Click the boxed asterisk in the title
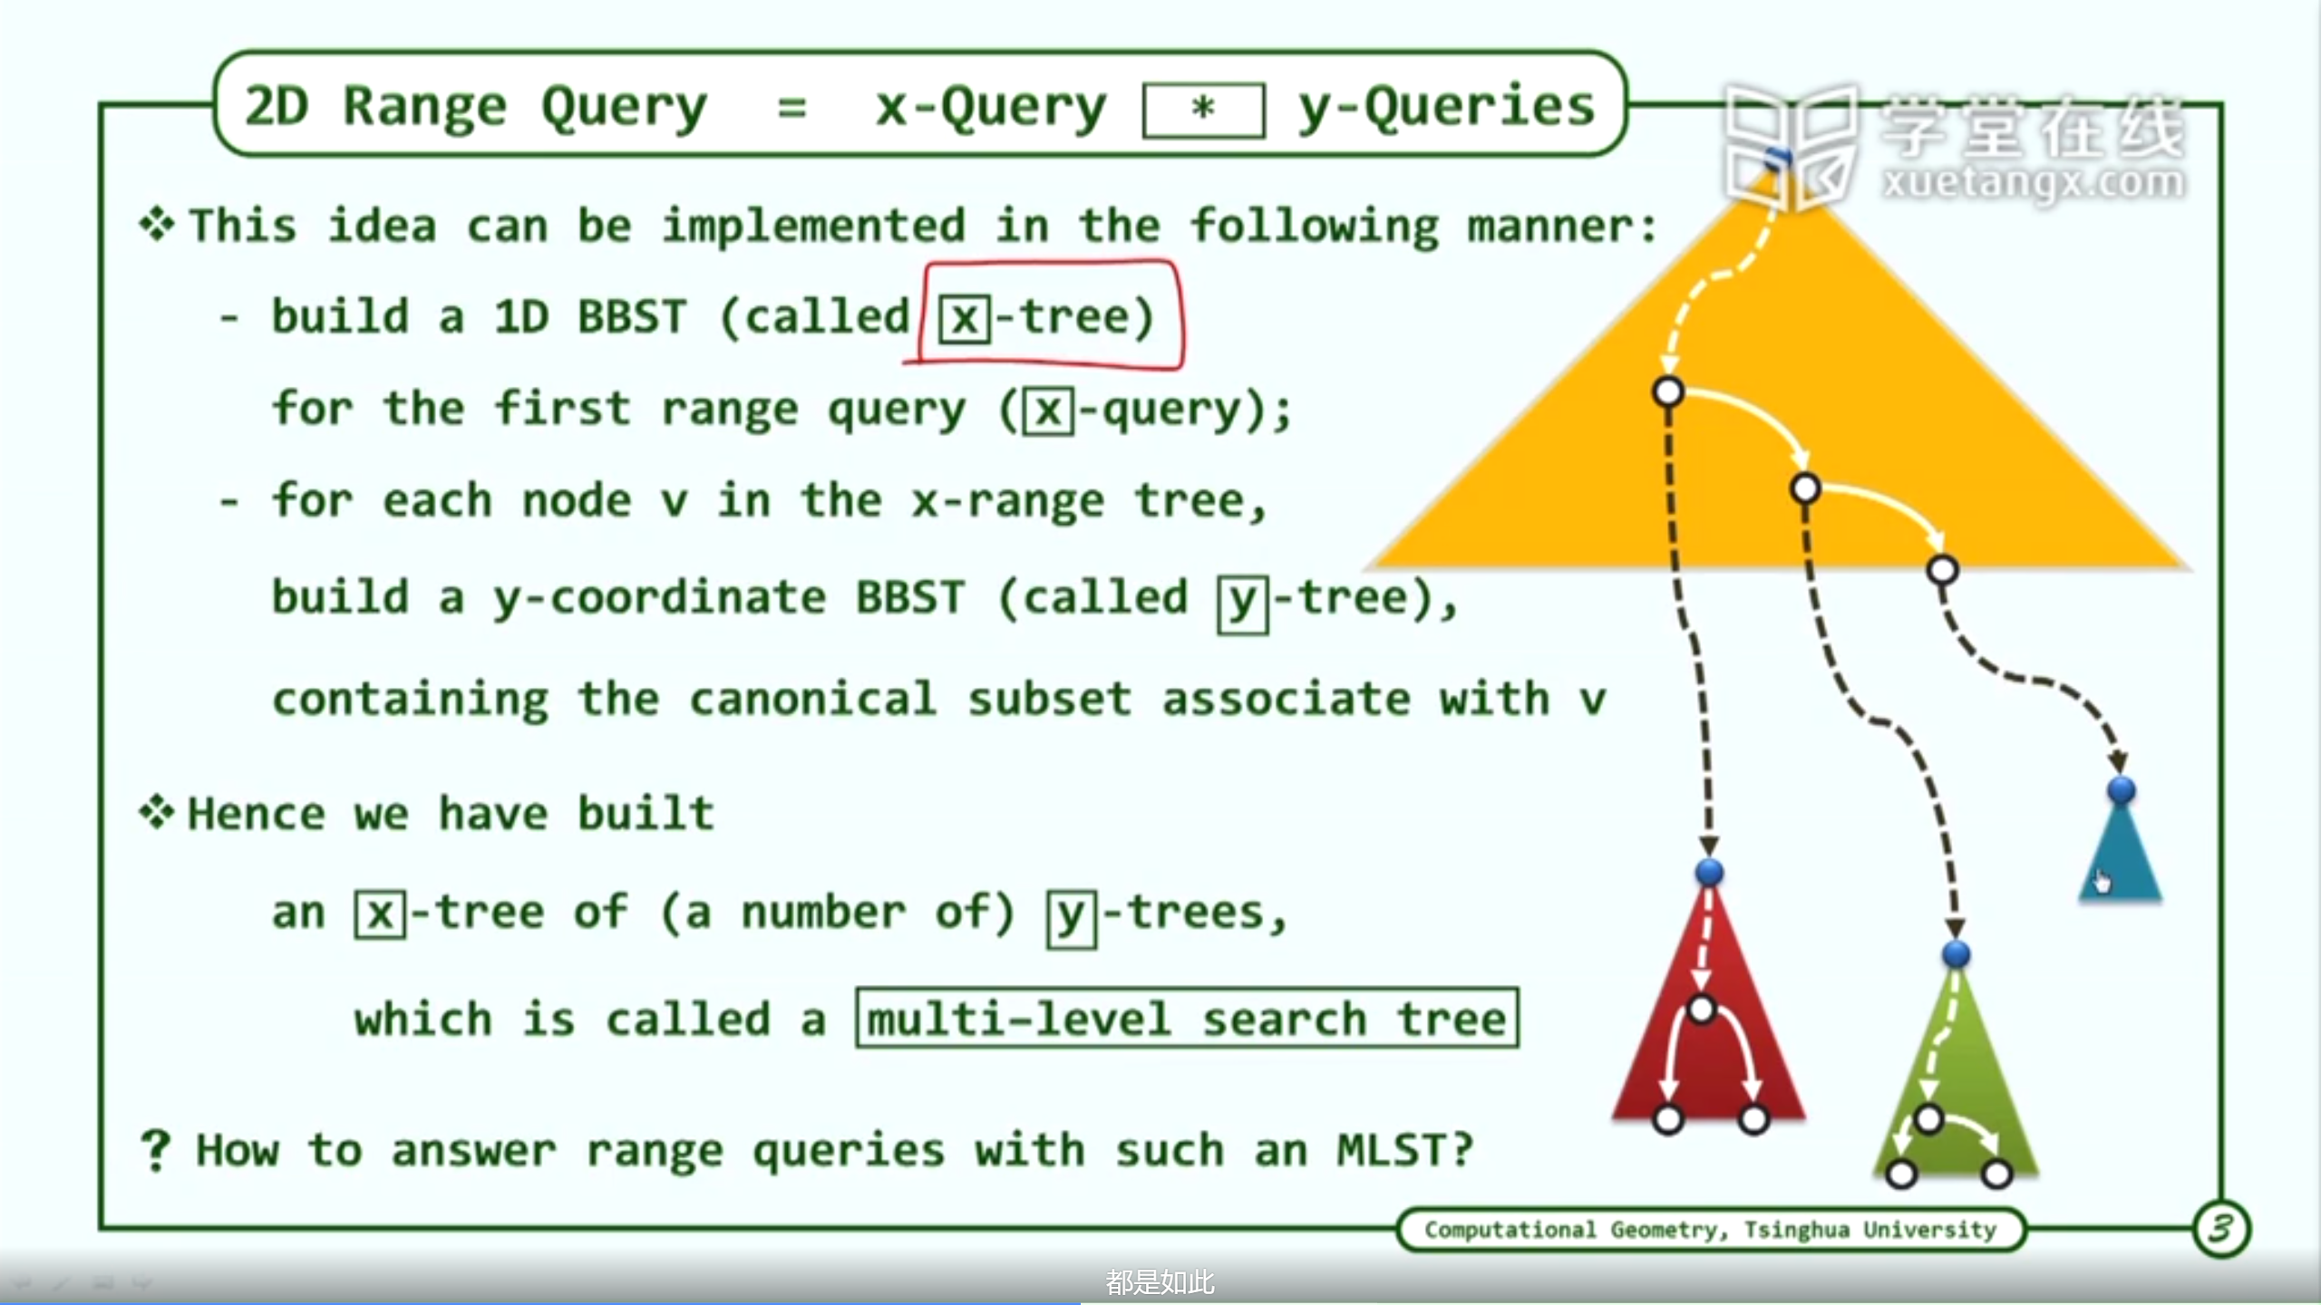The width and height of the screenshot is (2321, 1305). (1203, 110)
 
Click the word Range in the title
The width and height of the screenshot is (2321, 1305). (424, 109)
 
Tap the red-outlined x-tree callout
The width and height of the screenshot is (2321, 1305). (1048, 314)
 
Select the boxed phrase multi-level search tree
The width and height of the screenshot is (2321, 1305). (1187, 1019)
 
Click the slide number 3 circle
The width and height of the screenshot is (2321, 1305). (2220, 1229)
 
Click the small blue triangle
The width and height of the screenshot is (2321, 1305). (2121, 852)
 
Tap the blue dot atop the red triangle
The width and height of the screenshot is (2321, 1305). (1709, 872)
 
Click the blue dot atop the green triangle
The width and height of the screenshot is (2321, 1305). (1956, 953)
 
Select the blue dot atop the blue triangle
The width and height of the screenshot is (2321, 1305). (2121, 789)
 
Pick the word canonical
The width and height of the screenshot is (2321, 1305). (812, 700)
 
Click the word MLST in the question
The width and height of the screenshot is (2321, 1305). (1394, 1151)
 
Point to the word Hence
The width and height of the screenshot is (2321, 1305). (256, 814)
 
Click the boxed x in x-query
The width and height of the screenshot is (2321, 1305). (1048, 411)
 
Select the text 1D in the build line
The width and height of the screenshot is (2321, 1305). (521, 317)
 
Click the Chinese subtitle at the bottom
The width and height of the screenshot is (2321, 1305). (1160, 1282)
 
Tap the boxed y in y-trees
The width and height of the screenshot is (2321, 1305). (1071, 917)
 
